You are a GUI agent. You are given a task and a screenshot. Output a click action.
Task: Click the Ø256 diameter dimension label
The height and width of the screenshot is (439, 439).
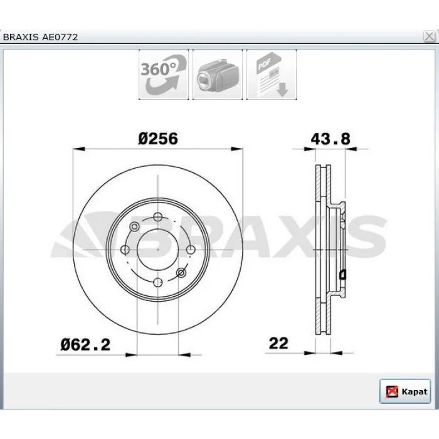point(158,139)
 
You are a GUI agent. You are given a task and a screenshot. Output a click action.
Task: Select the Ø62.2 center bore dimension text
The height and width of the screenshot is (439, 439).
point(85,345)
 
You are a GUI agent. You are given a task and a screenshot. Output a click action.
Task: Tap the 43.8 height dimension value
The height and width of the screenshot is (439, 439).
point(331,139)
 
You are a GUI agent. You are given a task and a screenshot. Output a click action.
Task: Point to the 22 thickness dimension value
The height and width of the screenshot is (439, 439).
point(278,343)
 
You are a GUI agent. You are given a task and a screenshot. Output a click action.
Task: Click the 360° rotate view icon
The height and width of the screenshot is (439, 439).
point(164,75)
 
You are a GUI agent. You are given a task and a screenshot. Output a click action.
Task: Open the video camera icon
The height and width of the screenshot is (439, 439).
point(218,75)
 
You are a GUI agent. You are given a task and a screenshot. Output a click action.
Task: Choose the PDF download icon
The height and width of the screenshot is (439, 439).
point(272,75)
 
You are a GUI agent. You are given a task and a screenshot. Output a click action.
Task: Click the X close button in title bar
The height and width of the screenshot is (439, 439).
point(429,36)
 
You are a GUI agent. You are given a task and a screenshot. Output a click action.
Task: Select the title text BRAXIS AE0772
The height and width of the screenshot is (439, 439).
point(40,37)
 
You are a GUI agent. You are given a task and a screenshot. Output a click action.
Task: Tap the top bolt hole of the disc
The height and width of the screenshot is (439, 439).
point(158,217)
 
